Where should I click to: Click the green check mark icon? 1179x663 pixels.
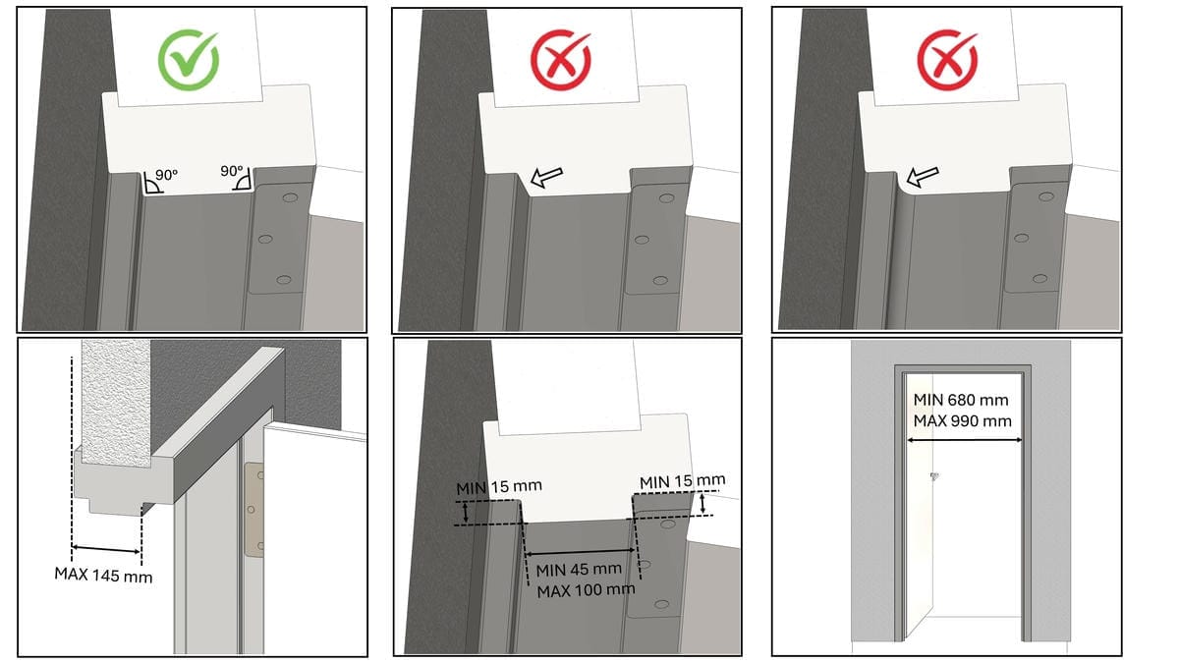[188, 60]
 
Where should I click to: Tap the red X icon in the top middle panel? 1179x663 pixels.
[561, 60]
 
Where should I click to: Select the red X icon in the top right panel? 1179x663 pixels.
[947, 60]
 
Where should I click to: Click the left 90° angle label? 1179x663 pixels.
[166, 175]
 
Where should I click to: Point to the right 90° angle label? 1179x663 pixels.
[232, 172]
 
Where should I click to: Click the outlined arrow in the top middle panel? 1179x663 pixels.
[547, 177]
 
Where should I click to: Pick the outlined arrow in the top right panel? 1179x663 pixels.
[923, 176]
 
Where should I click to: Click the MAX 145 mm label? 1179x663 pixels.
[104, 575]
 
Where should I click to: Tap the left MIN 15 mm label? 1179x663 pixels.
[499, 487]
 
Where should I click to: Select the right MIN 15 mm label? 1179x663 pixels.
[682, 481]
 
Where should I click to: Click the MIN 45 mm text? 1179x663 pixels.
[579, 570]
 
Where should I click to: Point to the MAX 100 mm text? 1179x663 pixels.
[586, 590]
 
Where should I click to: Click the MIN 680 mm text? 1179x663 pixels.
[961, 400]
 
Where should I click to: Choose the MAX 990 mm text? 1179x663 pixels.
[963, 421]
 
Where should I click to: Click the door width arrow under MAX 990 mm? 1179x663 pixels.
[964, 440]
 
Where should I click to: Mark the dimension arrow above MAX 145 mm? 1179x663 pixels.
[106, 549]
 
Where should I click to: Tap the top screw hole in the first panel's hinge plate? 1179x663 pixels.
[290, 197]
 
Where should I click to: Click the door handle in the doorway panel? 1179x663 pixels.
[934, 476]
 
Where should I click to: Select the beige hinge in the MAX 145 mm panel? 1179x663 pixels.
[254, 510]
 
